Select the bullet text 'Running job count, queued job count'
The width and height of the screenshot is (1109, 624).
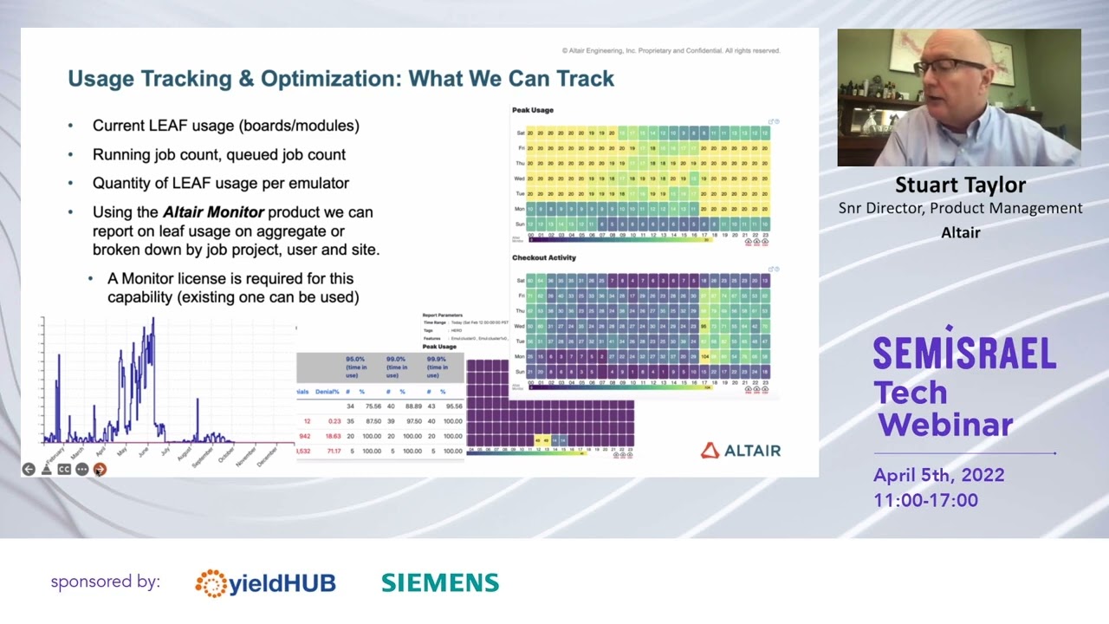click(218, 154)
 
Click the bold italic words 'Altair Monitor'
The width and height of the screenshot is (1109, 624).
click(213, 212)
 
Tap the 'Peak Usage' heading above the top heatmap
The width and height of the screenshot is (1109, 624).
click(532, 110)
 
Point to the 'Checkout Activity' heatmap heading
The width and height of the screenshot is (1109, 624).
click(543, 257)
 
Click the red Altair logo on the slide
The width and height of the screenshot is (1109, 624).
click(741, 451)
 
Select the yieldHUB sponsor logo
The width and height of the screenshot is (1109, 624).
click(265, 583)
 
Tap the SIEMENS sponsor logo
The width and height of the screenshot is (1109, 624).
click(440, 583)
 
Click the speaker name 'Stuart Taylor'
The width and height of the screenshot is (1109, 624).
click(960, 185)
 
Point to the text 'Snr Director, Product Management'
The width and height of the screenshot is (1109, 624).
click(960, 208)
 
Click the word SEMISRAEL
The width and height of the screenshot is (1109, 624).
click(963, 353)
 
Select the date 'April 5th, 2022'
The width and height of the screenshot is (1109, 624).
click(938, 475)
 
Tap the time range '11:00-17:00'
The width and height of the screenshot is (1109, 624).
click(925, 500)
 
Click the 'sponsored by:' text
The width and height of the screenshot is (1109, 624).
click(105, 582)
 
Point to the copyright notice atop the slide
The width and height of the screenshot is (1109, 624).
click(671, 51)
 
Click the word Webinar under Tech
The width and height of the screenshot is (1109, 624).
click(945, 425)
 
